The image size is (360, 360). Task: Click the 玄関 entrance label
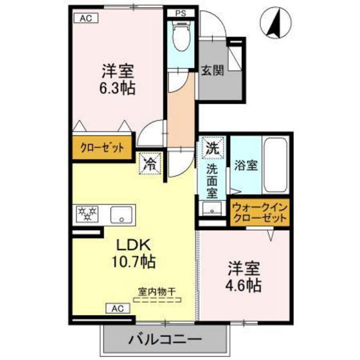tap(212, 71)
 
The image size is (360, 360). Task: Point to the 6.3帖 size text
tap(117, 89)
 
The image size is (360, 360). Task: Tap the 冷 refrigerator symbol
tap(150, 163)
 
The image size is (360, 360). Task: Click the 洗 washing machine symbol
tap(213, 147)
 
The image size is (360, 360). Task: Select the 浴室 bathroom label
tap(245, 165)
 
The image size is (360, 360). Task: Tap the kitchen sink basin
tap(121, 214)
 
